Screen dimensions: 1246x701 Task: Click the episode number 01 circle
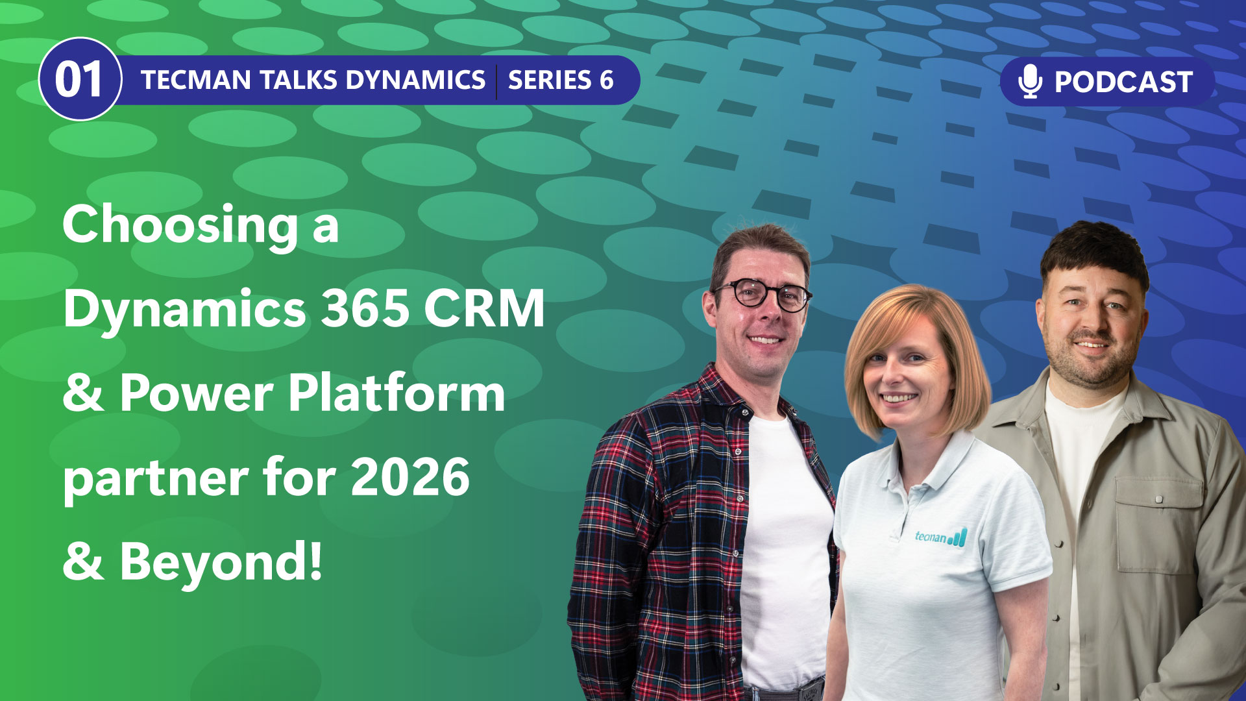80,79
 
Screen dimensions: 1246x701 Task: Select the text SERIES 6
561,80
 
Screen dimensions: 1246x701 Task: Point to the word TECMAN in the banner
196,80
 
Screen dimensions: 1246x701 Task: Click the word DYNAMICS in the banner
415,80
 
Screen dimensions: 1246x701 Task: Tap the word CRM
484,308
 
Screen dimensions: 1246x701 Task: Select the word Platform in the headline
397,393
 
